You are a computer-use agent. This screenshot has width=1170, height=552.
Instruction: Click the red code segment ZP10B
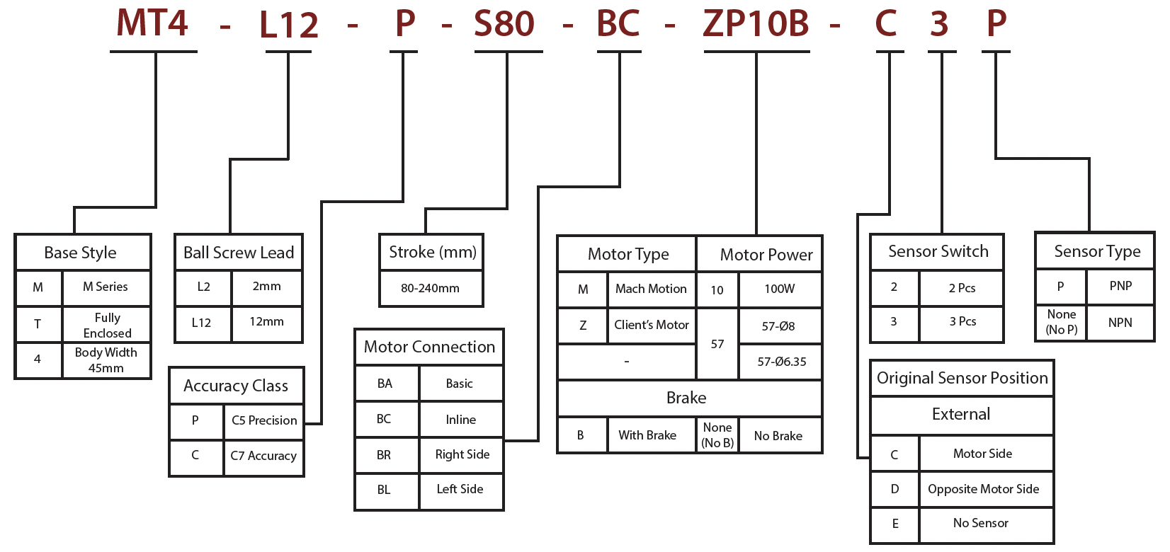click(x=756, y=24)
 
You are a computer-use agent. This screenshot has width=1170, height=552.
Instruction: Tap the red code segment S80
click(x=504, y=24)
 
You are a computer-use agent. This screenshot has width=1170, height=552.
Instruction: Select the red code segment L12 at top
click(x=289, y=25)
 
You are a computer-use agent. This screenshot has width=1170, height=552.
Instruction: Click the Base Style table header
click(x=81, y=253)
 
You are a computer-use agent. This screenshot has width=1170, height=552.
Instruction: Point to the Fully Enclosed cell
click(x=107, y=325)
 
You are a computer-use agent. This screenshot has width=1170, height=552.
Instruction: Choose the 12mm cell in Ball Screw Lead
click(x=266, y=322)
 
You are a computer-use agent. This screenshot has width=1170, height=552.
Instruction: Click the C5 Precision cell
click(x=264, y=420)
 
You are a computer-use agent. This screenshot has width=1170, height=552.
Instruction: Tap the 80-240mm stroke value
click(x=430, y=288)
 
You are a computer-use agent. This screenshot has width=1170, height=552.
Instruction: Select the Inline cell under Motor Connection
click(x=460, y=420)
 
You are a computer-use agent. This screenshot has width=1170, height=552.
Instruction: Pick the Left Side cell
click(x=460, y=489)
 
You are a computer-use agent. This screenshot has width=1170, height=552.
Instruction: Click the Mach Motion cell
click(x=651, y=289)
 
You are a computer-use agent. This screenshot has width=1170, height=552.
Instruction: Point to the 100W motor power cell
click(x=779, y=289)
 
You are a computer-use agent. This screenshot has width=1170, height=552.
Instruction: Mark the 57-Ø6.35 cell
click(x=781, y=362)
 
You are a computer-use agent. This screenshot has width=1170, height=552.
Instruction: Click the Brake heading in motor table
click(x=686, y=398)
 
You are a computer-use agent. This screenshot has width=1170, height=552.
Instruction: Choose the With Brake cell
click(x=647, y=435)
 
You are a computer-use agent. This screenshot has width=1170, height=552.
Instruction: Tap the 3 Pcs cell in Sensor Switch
click(x=962, y=322)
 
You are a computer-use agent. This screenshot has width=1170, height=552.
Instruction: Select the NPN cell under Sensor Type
click(x=1120, y=323)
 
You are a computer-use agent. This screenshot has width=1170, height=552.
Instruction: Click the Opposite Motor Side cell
click(x=983, y=489)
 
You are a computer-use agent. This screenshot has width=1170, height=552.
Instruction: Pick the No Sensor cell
click(x=980, y=523)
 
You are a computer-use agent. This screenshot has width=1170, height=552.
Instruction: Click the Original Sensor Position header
click(x=962, y=378)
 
